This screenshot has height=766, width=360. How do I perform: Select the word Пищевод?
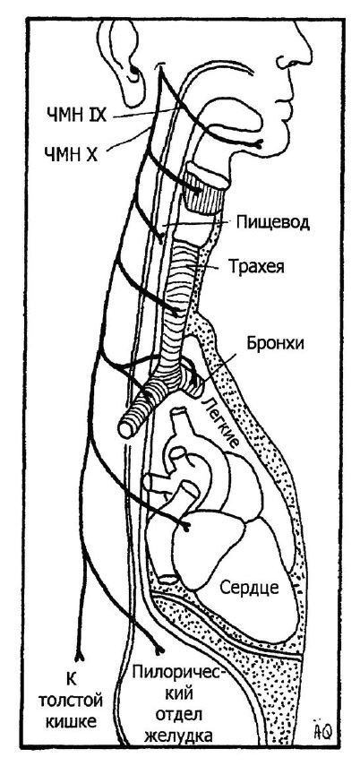coord(272,223)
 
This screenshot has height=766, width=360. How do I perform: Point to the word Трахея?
coord(256,267)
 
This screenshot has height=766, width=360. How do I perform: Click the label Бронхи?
coord(276,343)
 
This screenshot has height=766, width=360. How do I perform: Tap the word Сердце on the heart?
coord(249,587)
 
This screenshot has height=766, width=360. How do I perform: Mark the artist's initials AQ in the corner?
coord(324,731)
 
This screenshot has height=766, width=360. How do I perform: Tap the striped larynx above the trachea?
coord(206,188)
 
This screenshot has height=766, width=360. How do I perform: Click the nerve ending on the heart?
coord(186,526)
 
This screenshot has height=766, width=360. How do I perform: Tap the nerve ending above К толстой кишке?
coord(78,655)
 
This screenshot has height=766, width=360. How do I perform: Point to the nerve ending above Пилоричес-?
coord(159,650)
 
